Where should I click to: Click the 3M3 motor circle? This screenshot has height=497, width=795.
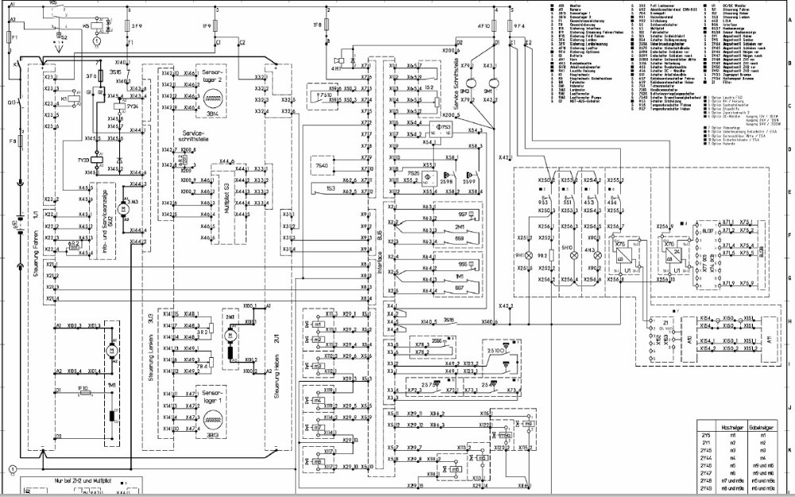pos(122,208)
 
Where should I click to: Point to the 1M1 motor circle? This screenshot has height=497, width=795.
pos(111,350)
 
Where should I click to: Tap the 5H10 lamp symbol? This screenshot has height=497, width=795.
pos(568,257)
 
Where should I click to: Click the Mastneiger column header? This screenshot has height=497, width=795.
pos(730,429)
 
